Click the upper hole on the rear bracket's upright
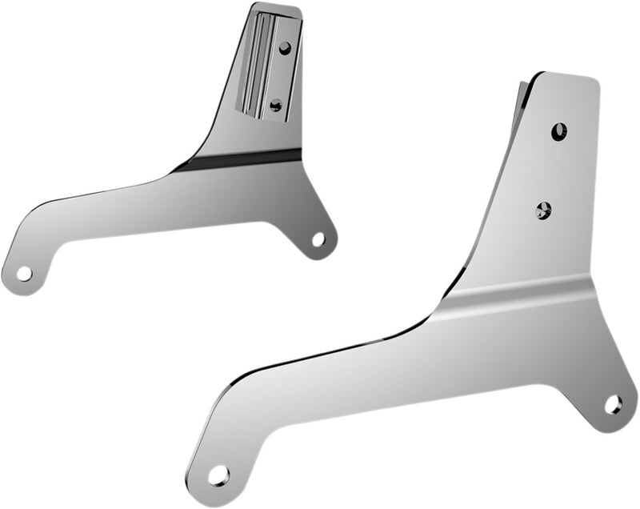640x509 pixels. click(285, 47)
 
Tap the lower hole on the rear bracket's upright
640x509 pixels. click(276, 104)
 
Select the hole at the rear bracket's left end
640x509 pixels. click(24, 273)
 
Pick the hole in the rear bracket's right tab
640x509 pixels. click(318, 238)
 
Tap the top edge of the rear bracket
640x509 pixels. click(276, 10)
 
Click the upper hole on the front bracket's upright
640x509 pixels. click(558, 130)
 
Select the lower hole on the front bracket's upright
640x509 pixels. click(543, 210)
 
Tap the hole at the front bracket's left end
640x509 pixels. click(218, 475)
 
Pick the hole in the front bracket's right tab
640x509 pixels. click(613, 404)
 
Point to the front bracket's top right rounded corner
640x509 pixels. click(594, 81)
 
